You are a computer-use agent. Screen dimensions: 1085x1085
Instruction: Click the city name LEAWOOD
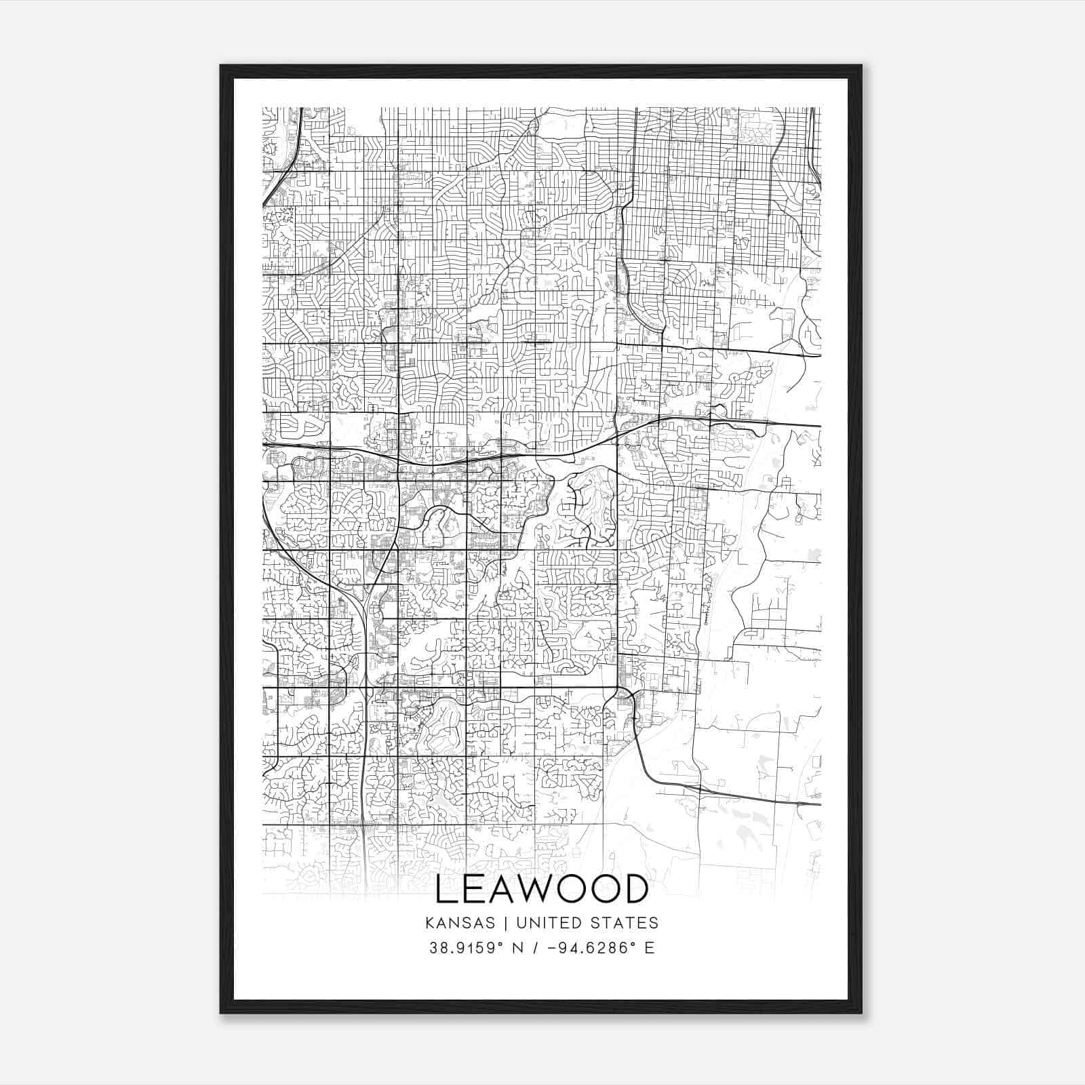(x=542, y=889)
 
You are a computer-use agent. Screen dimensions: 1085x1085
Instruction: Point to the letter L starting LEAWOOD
(x=446, y=889)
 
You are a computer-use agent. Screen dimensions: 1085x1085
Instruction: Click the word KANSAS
(x=464, y=923)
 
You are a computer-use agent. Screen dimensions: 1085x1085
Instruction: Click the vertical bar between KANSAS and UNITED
(x=509, y=923)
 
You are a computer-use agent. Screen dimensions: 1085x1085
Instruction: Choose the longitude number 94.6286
(x=597, y=948)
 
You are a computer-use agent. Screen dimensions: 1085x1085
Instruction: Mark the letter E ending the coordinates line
(x=650, y=948)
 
